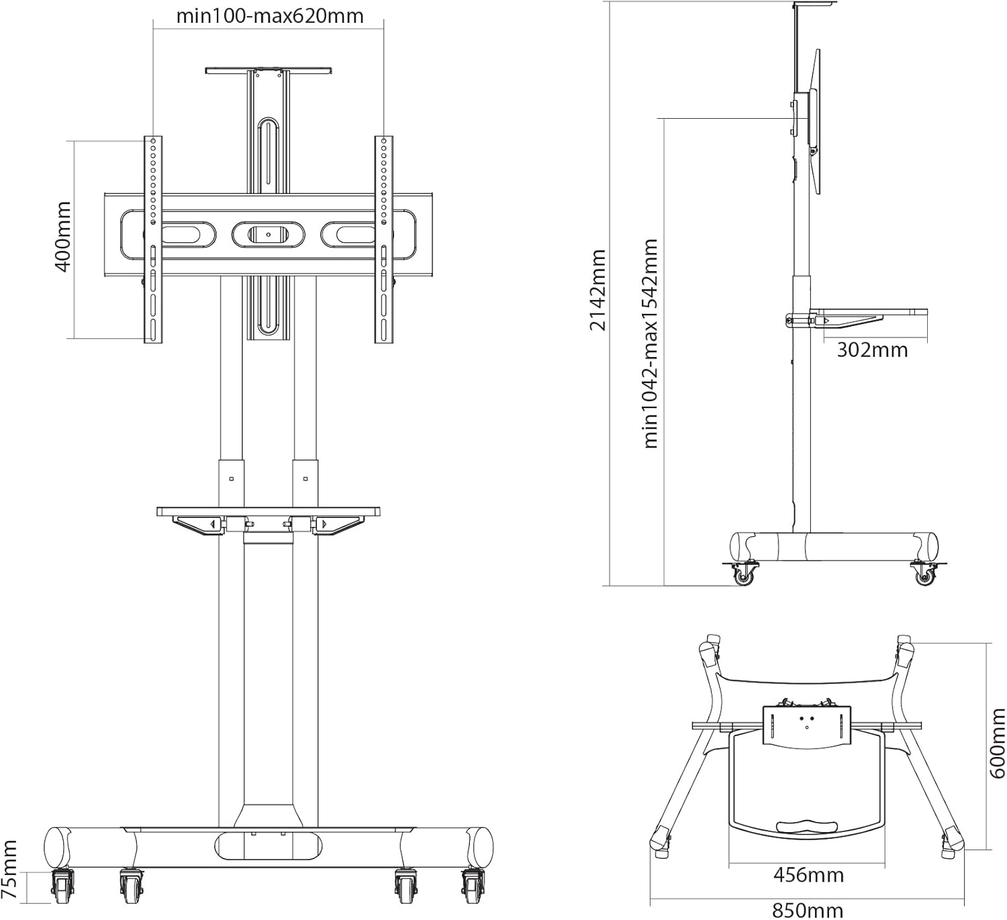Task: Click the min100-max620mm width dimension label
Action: pos(269,15)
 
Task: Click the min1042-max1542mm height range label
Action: pos(650,343)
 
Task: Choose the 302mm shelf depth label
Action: pos(871,350)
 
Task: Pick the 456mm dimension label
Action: pos(808,875)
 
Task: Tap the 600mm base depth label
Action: pos(998,743)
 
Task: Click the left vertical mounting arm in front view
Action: pos(153,239)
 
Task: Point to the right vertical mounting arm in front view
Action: pos(384,239)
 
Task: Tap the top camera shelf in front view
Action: pos(269,69)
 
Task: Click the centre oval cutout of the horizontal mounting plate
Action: pos(268,234)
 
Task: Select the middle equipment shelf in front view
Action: pos(269,512)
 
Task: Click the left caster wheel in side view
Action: pos(743,574)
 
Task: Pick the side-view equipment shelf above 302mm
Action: pos(869,312)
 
